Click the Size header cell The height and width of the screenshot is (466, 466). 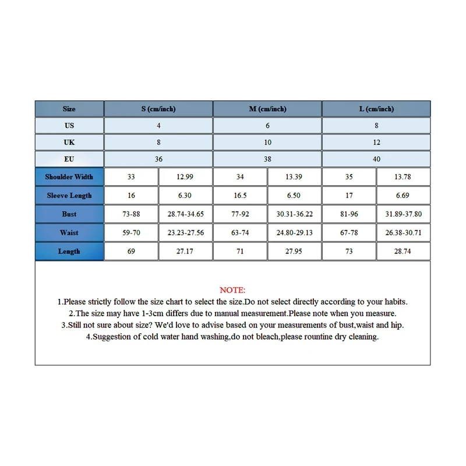(x=69, y=109)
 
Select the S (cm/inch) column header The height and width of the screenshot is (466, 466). (x=158, y=109)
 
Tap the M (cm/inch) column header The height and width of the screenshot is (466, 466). (x=267, y=109)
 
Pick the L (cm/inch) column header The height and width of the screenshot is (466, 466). (x=376, y=109)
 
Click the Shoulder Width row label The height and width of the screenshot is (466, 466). (x=69, y=177)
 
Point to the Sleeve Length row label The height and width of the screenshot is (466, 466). (x=69, y=196)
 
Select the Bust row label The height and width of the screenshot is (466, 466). (x=69, y=214)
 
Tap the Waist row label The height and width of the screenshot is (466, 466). (x=69, y=233)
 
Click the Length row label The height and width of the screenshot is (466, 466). (x=69, y=252)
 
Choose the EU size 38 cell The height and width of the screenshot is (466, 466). (x=267, y=159)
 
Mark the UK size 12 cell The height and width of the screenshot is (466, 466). (x=376, y=142)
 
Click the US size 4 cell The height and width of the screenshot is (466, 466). (x=158, y=125)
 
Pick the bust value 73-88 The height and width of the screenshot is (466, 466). (x=131, y=214)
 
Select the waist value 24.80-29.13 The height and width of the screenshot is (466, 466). (x=295, y=233)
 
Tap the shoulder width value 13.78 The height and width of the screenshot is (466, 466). (x=403, y=177)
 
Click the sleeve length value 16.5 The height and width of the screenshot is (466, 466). (x=240, y=196)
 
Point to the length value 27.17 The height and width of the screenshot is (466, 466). (x=186, y=252)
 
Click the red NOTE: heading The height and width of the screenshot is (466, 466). (x=232, y=290)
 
